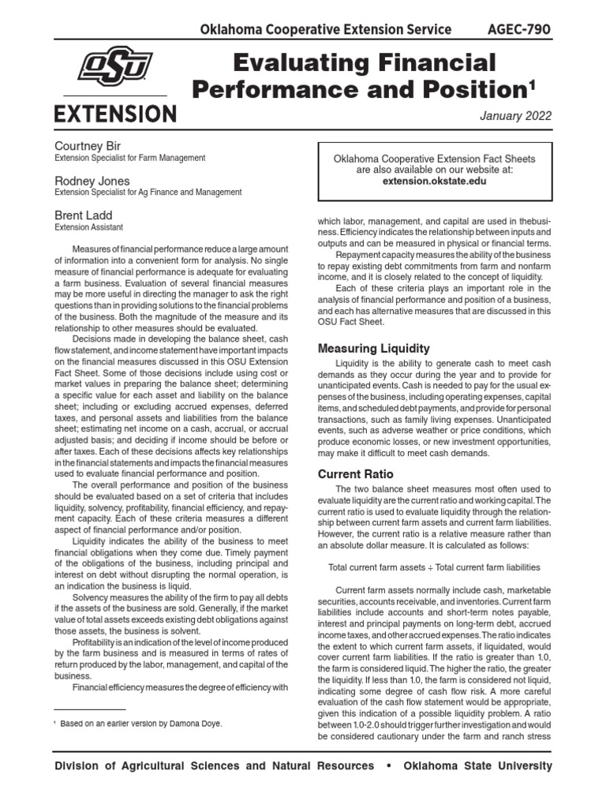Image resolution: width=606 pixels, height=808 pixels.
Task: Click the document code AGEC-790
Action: [518, 30]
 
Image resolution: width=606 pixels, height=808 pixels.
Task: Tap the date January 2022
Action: [515, 116]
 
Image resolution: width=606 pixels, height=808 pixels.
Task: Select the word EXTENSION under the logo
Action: [115, 114]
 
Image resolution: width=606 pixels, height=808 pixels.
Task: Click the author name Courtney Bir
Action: [89, 146]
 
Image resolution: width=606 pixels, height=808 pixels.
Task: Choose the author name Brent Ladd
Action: [83, 215]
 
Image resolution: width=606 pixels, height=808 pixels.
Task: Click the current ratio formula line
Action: [433, 567]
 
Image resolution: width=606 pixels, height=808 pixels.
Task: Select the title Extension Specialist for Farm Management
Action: [130, 158]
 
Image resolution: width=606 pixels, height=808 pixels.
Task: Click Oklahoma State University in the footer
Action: [477, 766]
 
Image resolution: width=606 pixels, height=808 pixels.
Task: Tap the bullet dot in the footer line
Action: [388, 766]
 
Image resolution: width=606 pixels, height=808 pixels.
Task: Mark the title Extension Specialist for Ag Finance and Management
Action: [148, 193]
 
